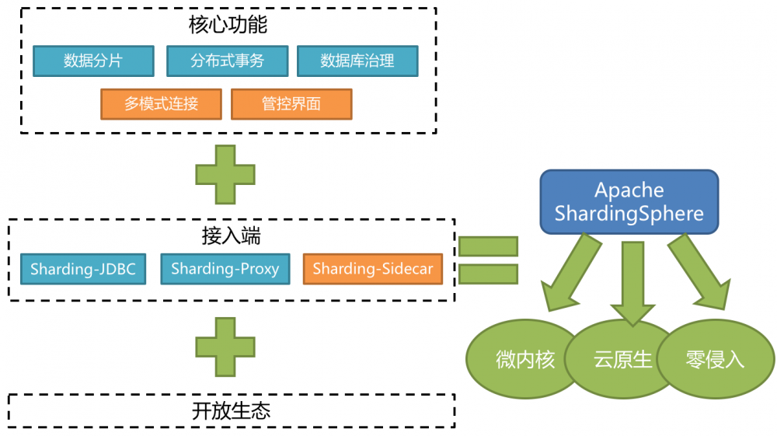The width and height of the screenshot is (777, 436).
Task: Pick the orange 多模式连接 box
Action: [x=161, y=104]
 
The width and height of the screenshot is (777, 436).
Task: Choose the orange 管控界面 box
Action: [x=291, y=104]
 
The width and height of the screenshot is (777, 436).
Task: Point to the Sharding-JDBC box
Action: [x=83, y=270]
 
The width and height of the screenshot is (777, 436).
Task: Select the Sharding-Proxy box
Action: [x=225, y=270]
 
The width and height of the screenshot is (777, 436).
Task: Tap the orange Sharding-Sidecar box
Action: [x=373, y=270]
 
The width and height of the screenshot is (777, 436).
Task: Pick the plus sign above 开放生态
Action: [x=225, y=347]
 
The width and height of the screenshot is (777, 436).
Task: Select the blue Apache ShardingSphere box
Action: [x=629, y=201]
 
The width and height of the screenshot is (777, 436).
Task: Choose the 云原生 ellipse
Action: [x=622, y=360]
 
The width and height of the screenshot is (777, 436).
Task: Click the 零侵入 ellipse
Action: [x=716, y=360]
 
